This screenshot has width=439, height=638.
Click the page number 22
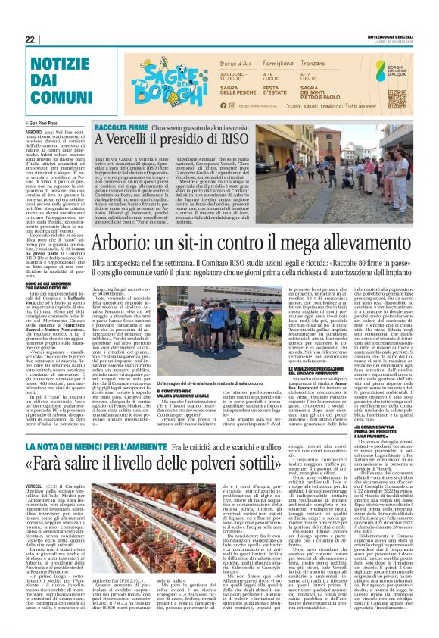[x=30, y=40]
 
